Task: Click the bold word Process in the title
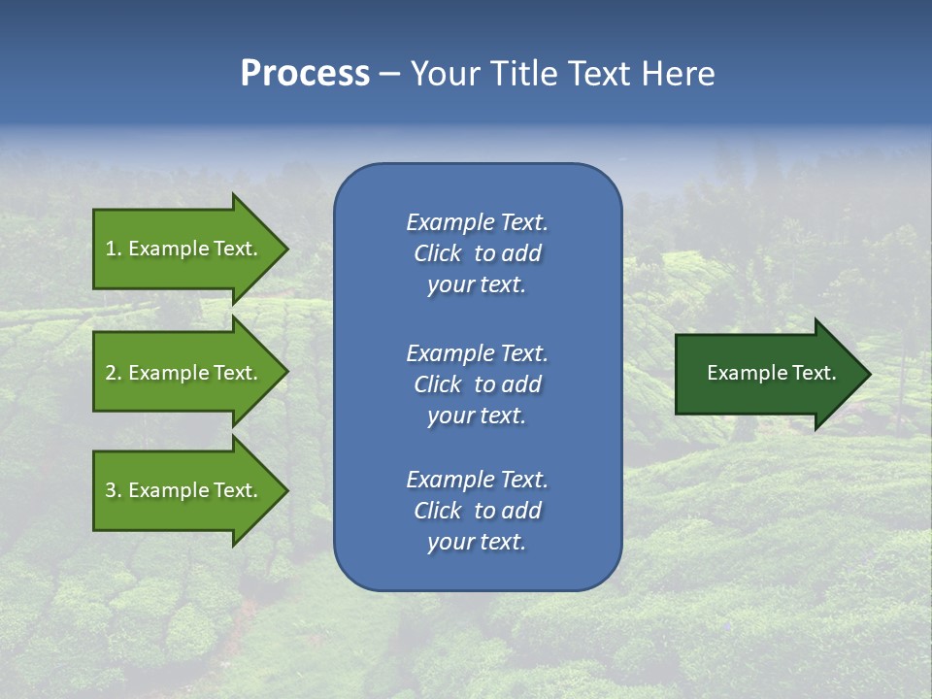pos(305,74)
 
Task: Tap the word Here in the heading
pos(678,74)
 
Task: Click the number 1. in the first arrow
pos(114,249)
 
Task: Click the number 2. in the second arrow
pos(114,373)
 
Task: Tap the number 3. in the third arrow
pos(114,490)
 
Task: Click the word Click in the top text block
pos(438,253)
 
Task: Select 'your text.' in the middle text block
pos(477,416)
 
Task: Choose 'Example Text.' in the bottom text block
pos(477,480)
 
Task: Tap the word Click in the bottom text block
pos(438,511)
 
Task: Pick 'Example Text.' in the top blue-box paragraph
pos(477,222)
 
